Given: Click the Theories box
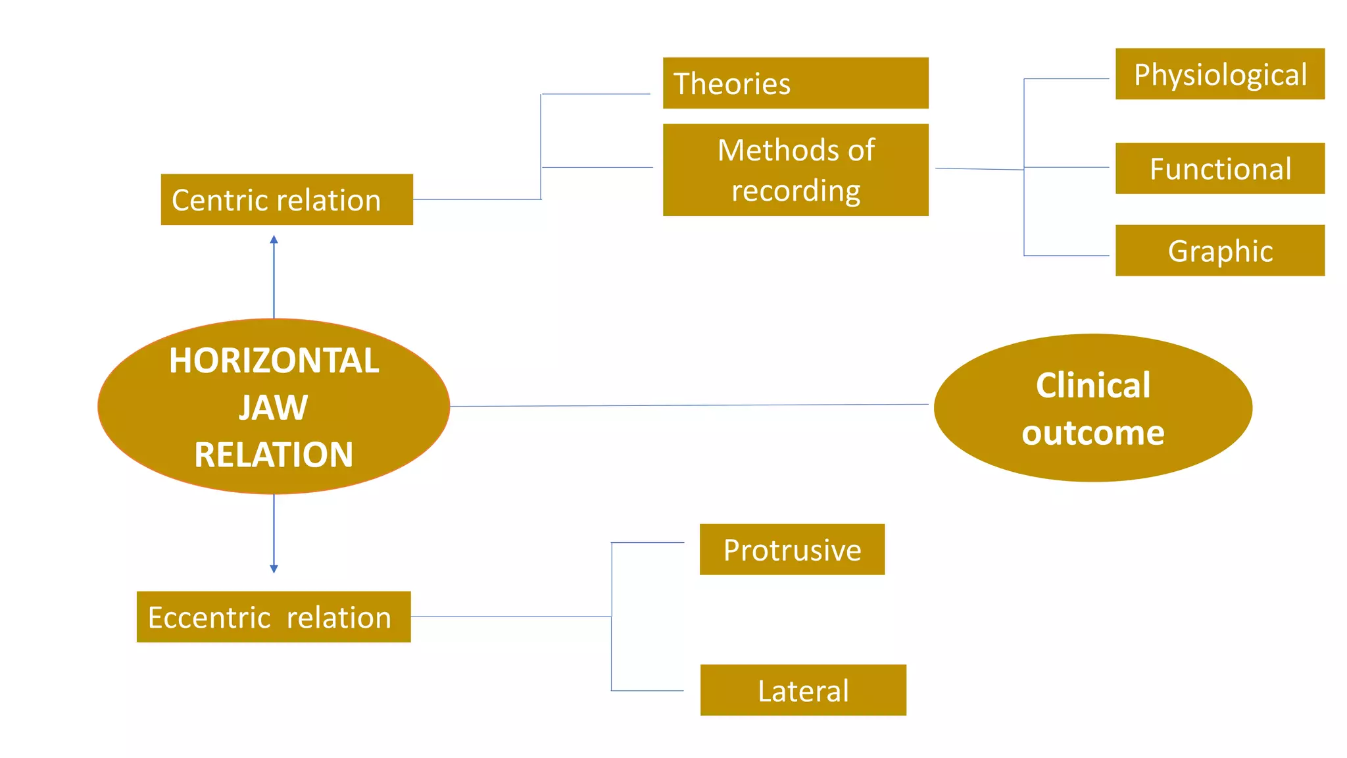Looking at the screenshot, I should point(795,83).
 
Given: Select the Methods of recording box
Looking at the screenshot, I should point(795,170).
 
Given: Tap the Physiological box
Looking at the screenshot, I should point(1219,74).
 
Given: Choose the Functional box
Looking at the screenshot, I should point(1219,168).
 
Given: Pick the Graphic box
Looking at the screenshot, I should point(1219,251).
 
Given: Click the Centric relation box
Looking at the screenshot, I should point(287,199).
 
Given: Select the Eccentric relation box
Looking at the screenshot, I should point(274,617).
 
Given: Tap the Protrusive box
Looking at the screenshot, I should point(792,549).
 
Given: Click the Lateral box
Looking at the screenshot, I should point(803,690).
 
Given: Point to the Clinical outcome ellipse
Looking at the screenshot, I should point(1092,408).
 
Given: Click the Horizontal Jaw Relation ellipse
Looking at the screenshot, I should point(274,407).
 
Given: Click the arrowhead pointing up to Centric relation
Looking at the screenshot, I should point(274,240).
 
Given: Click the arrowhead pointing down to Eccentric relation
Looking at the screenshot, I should point(274,568).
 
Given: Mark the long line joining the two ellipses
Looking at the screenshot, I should point(691,405).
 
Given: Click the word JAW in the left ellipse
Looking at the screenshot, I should point(273,407).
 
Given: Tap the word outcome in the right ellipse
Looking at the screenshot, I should point(1092,433).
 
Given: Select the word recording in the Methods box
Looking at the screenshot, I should point(796,191).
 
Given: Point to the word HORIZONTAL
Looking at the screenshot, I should point(274,361).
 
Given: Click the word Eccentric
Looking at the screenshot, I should point(209,618).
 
